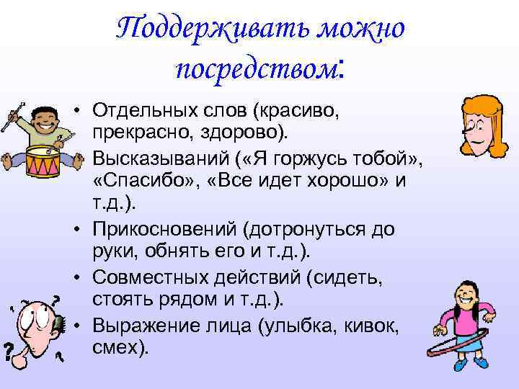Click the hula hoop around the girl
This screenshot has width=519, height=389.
click(x=461, y=345)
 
